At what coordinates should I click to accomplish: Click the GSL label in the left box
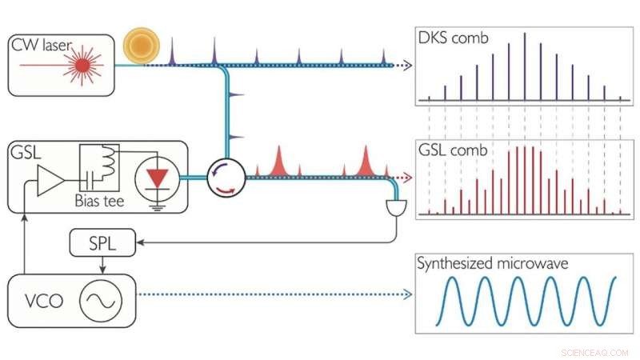(x=27, y=152)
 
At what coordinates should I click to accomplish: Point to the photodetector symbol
(x=398, y=208)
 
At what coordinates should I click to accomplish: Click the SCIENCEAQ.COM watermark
(x=595, y=350)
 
